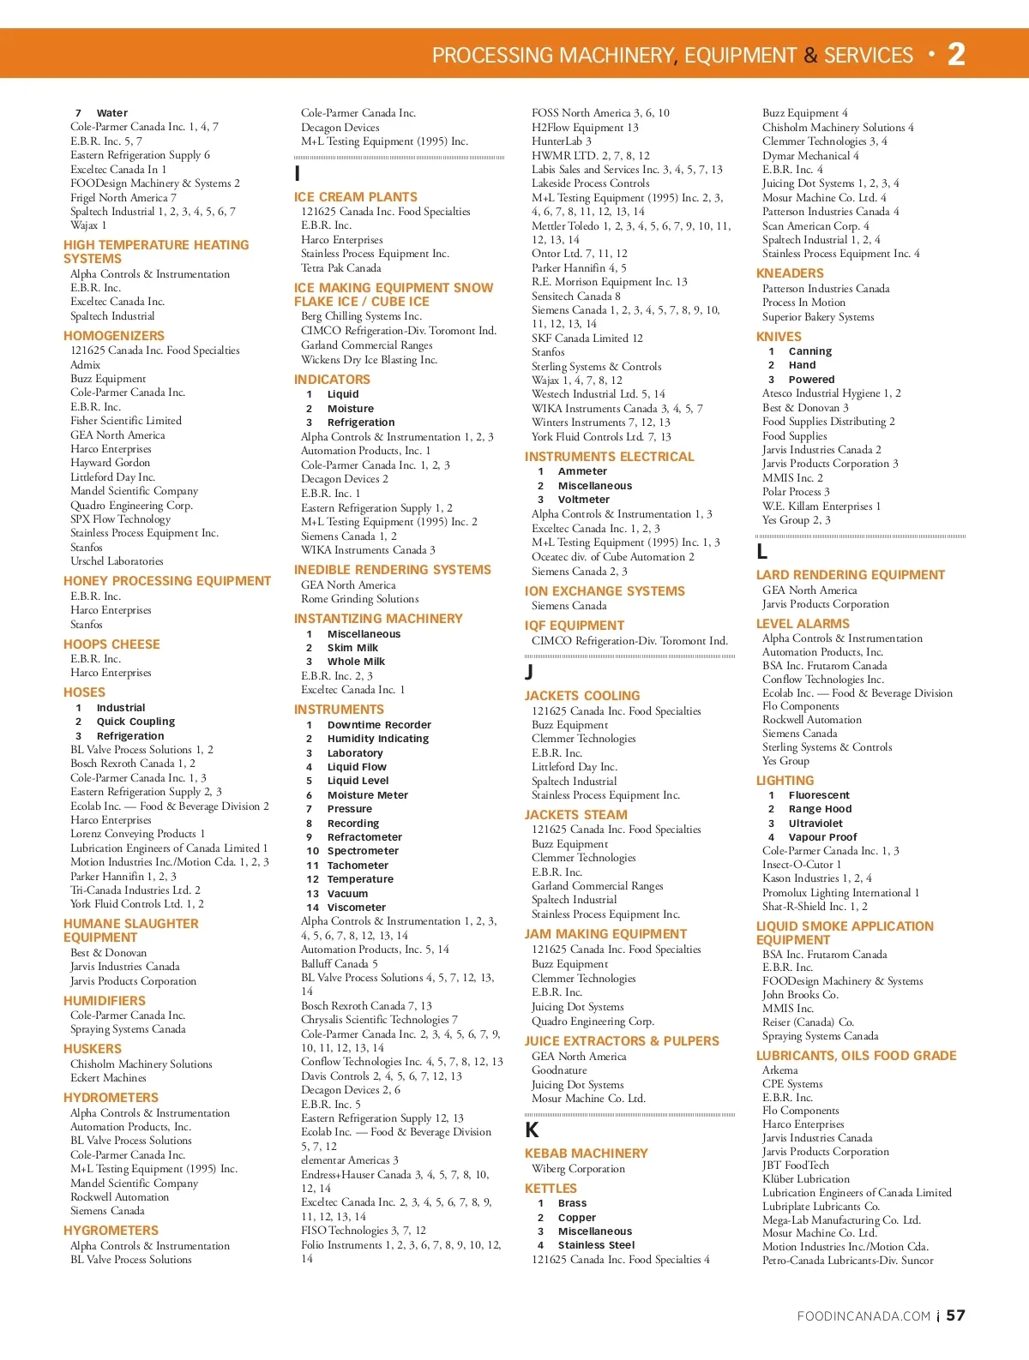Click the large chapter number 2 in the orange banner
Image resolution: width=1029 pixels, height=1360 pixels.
pos(956,55)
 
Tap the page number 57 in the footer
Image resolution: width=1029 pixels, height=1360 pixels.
pos(955,1315)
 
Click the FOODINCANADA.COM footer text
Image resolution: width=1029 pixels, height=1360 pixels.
pos(864,1316)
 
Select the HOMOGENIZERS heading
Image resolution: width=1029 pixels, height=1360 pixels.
pos(114,336)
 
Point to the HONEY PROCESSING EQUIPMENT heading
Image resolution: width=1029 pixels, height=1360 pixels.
pos(167,581)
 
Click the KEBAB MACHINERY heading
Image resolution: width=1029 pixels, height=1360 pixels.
pos(587,1153)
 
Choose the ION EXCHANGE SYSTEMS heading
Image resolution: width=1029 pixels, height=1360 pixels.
pos(605,591)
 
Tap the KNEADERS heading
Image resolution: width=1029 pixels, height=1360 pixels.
pos(790,273)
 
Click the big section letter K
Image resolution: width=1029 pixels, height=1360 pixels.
pos(532,1130)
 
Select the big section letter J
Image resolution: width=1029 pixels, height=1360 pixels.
pos(529,673)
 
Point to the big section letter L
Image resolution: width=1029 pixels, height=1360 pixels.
pos(761,552)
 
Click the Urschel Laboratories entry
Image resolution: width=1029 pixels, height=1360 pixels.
pos(117,561)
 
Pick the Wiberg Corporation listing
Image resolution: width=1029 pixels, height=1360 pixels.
pos(578,1169)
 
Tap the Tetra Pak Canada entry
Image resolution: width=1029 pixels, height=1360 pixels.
pos(340,268)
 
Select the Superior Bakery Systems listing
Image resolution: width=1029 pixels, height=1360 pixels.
pos(818,317)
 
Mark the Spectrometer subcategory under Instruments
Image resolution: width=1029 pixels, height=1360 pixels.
pos(363,851)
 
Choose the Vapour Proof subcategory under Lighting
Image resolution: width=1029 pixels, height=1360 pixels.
pos(822,837)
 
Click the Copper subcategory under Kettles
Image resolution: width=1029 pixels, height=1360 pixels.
pos(576,1218)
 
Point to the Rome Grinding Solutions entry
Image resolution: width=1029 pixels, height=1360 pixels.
pos(359,599)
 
